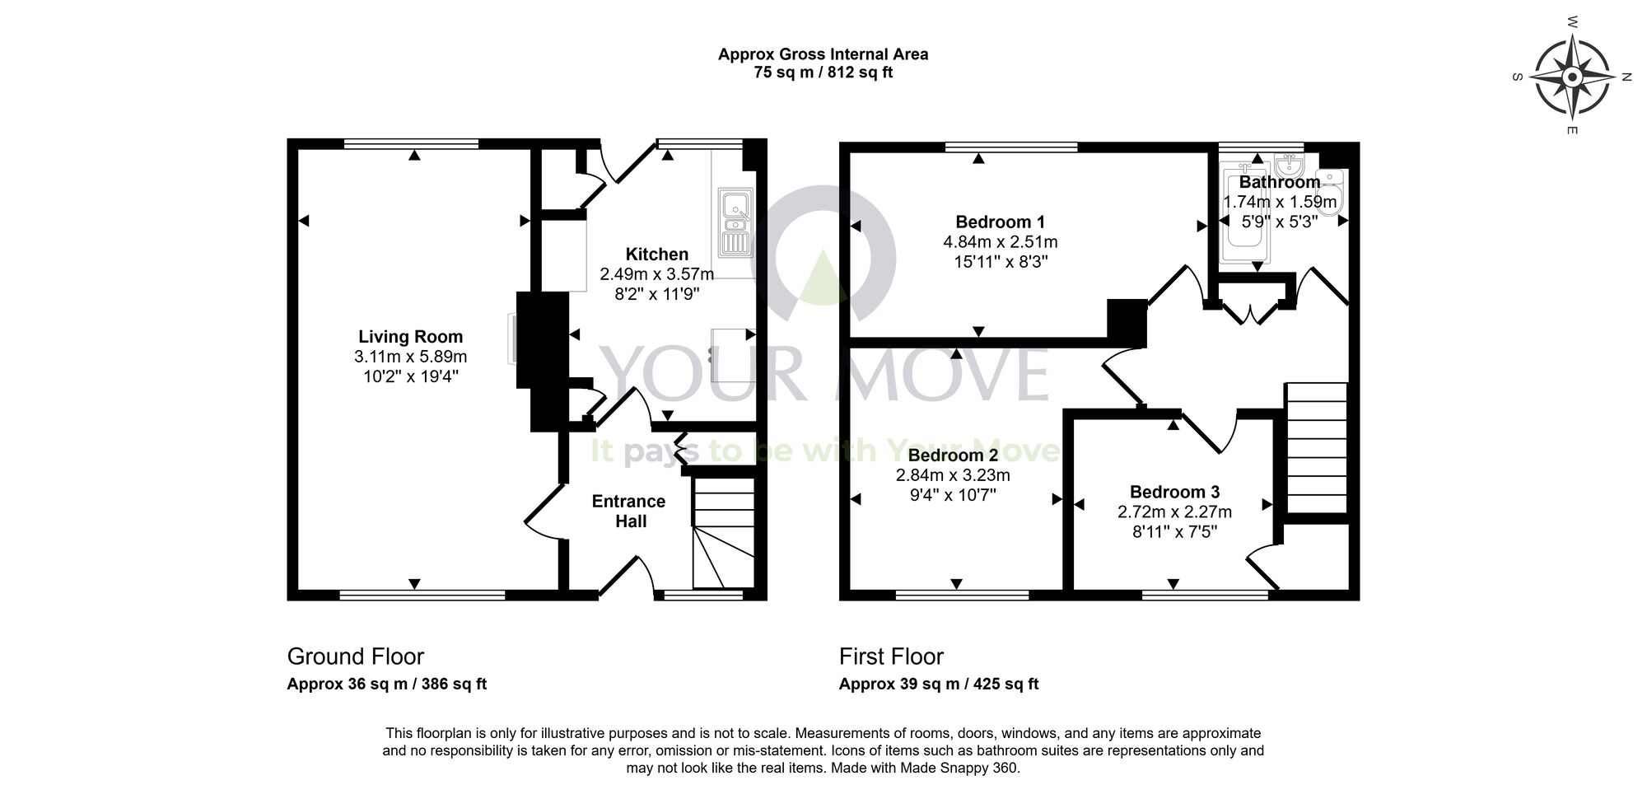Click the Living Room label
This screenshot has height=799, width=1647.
[x=410, y=336]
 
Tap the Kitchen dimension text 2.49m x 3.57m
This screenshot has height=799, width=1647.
[x=656, y=273]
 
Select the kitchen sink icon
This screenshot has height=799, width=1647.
[x=733, y=221]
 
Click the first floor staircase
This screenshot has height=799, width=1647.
[x=1316, y=449]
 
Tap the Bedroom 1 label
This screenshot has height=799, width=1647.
[x=1000, y=222]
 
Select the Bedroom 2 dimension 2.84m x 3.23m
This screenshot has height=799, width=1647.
[x=953, y=475]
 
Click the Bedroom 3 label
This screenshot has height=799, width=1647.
[x=1174, y=492]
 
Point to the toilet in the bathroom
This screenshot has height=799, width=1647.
[x=1332, y=194]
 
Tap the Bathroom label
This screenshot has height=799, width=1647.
[x=1279, y=182]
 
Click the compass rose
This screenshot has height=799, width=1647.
[x=1572, y=77]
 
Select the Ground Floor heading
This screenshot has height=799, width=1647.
[x=355, y=656]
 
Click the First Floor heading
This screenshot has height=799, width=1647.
[x=891, y=656]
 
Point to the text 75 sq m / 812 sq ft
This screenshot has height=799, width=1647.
[x=823, y=72]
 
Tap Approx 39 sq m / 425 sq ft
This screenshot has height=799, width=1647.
[x=938, y=684]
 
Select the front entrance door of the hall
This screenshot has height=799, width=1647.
[x=626, y=576]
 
